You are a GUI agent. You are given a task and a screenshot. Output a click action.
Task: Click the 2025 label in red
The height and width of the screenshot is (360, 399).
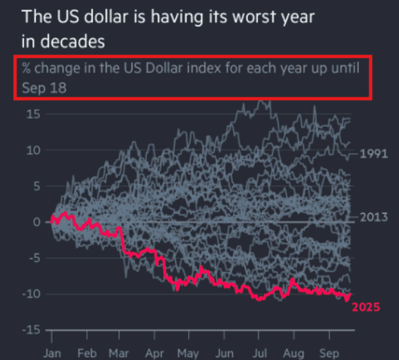[x=365, y=307]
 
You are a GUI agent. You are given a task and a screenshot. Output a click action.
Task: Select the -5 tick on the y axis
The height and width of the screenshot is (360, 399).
[x=31, y=258]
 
